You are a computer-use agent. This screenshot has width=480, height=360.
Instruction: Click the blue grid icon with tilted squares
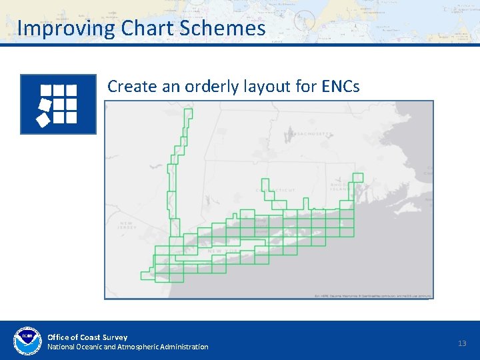(x=59, y=105)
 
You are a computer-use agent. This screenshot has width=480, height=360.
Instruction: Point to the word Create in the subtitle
(x=130, y=86)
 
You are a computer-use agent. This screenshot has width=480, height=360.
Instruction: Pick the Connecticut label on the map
(x=276, y=190)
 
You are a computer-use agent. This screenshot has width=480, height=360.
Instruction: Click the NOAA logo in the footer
(x=27, y=341)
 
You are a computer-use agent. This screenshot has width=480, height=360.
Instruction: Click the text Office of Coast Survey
(x=87, y=337)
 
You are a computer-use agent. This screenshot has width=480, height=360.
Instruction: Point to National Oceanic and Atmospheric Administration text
(x=127, y=347)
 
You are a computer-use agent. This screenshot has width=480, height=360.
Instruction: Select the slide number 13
(x=462, y=343)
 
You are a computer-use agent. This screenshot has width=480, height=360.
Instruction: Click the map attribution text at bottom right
(x=373, y=295)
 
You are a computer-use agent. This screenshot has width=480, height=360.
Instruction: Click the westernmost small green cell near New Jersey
(x=147, y=275)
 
